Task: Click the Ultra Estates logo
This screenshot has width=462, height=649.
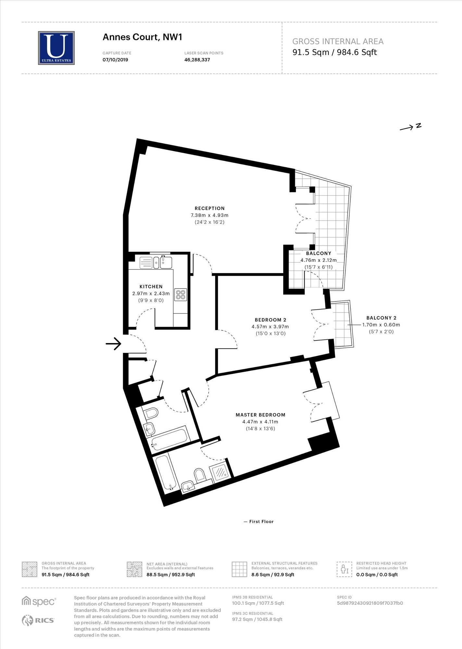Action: coord(56,48)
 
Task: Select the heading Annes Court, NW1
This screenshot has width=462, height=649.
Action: coord(142,37)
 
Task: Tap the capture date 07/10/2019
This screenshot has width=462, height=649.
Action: coord(115,60)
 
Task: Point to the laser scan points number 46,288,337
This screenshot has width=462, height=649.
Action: coord(197,60)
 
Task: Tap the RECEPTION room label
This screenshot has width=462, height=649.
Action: coord(210,208)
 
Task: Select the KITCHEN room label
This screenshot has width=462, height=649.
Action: coord(151,287)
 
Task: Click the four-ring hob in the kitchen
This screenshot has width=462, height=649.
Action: coord(181,295)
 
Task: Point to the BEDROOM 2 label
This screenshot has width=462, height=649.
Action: coord(270,320)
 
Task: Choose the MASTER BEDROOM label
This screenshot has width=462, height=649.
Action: coord(260,415)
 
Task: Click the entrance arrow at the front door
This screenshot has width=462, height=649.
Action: coord(113,343)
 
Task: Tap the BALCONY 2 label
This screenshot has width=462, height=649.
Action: coord(381,318)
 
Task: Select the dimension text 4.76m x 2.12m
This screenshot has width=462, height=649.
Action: coord(318,260)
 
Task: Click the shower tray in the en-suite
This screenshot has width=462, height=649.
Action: coord(221,472)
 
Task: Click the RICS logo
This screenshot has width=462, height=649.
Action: coord(38,620)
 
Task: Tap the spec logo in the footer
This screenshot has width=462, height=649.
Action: coord(39,601)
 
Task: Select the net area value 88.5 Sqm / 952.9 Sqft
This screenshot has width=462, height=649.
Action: coord(171,575)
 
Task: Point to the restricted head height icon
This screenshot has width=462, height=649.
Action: coord(344,569)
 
